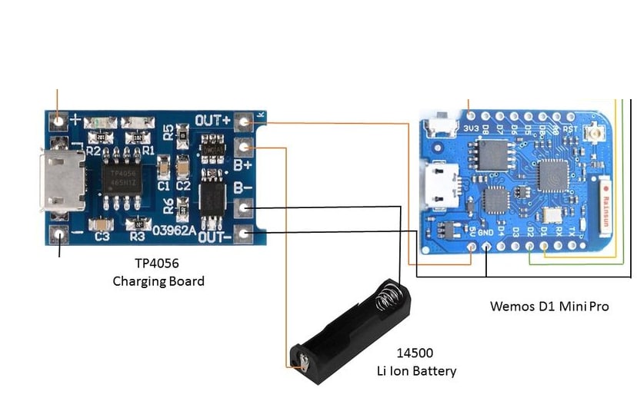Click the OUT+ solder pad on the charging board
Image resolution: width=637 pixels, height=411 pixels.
tap(245, 121)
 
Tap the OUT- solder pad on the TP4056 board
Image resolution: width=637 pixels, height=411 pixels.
tap(245, 234)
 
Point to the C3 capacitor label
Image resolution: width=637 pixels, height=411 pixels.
tap(102, 237)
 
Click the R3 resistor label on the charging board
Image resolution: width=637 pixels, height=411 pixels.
tap(138, 237)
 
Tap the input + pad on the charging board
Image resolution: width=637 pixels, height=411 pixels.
tap(58, 120)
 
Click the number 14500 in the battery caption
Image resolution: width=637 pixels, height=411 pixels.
tap(415, 353)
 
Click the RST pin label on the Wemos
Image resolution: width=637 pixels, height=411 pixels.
tap(570, 128)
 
